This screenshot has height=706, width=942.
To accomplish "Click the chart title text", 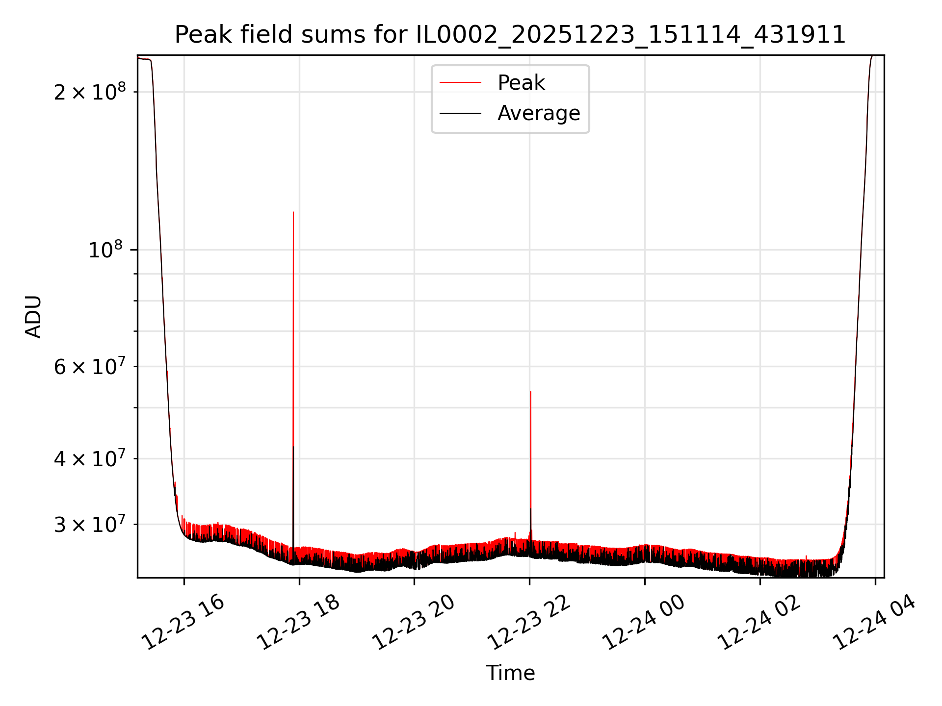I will pyautogui.click(x=510, y=35).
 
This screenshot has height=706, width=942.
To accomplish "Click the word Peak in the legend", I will pyautogui.click(x=521, y=82).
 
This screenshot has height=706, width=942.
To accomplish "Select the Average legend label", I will pyautogui.click(x=539, y=113).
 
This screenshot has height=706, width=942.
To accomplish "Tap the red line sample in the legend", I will pyautogui.click(x=460, y=82).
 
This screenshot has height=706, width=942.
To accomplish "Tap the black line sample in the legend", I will pyautogui.click(x=460, y=113).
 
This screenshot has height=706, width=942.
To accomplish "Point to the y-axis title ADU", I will pyautogui.click(x=33, y=317).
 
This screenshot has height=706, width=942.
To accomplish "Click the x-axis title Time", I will pyautogui.click(x=510, y=673).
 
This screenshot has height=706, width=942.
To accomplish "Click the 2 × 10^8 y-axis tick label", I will pyautogui.click(x=90, y=92).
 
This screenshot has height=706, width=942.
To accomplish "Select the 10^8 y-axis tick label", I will pyautogui.click(x=105, y=250).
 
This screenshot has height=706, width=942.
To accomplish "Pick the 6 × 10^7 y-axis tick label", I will pyautogui.click(x=90, y=366).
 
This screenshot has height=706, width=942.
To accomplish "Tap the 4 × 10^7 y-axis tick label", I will pyautogui.click(x=90, y=458).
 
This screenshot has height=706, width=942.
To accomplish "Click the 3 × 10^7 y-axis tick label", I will pyautogui.click(x=90, y=524).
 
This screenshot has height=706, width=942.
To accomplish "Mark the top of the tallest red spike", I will pyautogui.click(x=293, y=212).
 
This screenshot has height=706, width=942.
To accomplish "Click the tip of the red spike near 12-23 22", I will pyautogui.click(x=530, y=392).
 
